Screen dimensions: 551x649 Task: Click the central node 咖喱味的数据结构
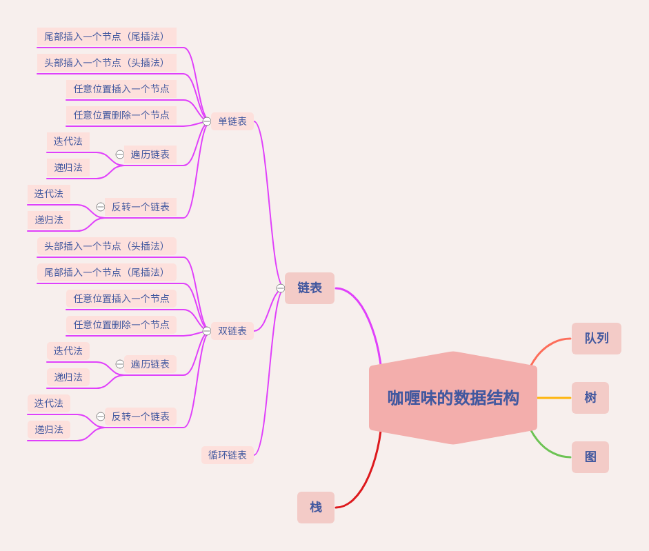point(453,398)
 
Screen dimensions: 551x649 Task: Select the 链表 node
point(310,288)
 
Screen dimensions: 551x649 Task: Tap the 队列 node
point(597,339)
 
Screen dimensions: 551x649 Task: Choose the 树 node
point(590,398)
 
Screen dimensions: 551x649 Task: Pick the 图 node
point(590,457)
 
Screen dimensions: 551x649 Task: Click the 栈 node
point(316,508)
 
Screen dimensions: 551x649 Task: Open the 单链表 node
point(232,121)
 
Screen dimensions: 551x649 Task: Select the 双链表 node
point(232,331)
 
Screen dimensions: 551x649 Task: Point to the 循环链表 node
point(228,455)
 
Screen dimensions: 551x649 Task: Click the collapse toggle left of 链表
point(281,288)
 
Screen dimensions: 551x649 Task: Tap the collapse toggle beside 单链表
point(207,121)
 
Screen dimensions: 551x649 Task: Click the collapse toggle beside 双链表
point(207,331)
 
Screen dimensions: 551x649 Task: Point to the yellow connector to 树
point(554,398)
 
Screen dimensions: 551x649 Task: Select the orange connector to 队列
point(548,344)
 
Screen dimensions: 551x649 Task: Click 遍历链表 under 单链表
point(150,154)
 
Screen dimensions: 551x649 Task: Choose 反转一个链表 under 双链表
point(141,417)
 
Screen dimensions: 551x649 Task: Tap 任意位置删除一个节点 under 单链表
point(121,115)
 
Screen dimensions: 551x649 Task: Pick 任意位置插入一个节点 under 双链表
point(121,299)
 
